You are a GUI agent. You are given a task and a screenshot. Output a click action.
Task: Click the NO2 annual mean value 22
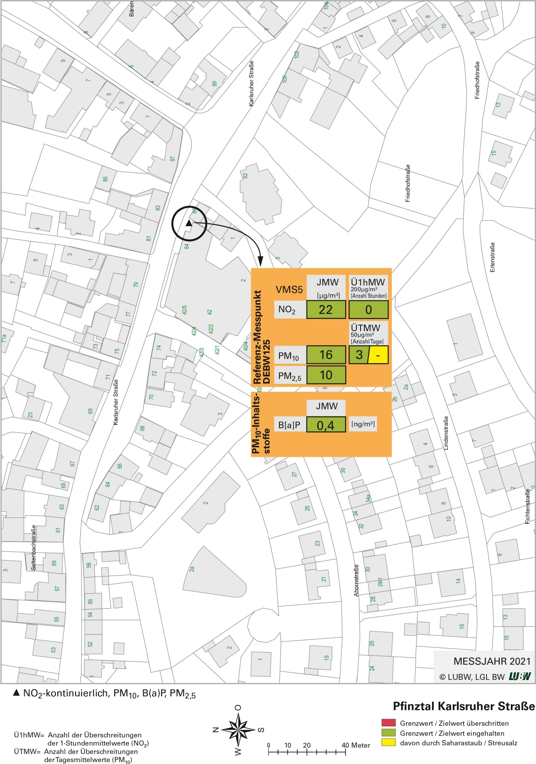[x=326, y=310]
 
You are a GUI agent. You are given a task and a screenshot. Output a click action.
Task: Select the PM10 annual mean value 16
[x=326, y=355]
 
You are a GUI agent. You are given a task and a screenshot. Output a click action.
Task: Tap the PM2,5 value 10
[x=326, y=375]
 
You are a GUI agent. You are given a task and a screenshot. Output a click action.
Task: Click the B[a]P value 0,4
[x=326, y=425]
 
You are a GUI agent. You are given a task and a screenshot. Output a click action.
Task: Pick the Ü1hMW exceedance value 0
[x=369, y=310]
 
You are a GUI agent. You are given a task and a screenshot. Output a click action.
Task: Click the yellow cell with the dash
[x=378, y=355]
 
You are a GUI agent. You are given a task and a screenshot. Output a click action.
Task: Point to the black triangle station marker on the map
[x=188, y=223]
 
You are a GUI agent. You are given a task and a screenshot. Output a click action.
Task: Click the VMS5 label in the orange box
[x=289, y=290]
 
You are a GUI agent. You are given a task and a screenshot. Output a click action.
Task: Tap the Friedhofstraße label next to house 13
[x=477, y=80]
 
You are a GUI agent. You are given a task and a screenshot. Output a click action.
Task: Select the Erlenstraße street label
[x=493, y=257]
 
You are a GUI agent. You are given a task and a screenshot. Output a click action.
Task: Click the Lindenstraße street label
[x=446, y=433]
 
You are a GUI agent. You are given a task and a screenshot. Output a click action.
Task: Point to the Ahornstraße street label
[x=356, y=580]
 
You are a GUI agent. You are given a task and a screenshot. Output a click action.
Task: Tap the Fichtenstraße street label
[x=528, y=506]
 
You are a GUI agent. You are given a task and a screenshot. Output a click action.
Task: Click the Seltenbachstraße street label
[x=34, y=548]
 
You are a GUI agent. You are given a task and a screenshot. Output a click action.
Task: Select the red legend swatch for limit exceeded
[x=388, y=723]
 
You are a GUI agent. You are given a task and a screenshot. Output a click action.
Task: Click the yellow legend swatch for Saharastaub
[x=388, y=743]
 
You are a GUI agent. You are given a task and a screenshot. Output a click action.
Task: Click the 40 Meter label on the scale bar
[x=355, y=745]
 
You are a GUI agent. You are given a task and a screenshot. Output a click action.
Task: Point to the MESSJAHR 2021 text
[x=492, y=661]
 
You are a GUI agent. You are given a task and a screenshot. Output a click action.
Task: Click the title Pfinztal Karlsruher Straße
[x=464, y=707]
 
